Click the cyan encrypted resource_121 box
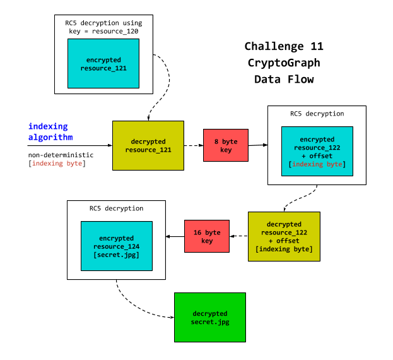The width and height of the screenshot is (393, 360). pos(103,63)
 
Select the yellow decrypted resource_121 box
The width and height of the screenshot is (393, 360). pos(148,145)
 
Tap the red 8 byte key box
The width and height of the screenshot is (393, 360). pos(225,145)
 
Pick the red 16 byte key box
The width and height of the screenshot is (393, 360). pos(206,236)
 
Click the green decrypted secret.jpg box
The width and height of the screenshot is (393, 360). pos(209,317)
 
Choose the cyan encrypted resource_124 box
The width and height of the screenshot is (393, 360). pos(116,246)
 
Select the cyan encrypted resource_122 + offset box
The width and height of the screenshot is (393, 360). pos(317,151)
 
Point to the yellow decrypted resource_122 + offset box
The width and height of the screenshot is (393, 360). pos(284,236)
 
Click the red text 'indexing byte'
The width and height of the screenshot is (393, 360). pos(317,164)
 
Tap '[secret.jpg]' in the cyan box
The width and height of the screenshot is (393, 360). pos(117,255)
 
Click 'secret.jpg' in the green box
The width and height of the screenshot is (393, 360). pos(210,322)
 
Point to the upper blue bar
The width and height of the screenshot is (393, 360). pos(71,126)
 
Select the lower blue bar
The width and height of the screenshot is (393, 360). pos(72,137)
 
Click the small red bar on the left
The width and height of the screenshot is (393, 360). pos(58,164)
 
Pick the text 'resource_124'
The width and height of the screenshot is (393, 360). pos(117,246)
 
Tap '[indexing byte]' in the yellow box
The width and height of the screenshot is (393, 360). pos(284,249)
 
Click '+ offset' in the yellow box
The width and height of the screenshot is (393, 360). pos(284,241)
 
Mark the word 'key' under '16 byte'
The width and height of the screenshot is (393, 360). pos(206,241)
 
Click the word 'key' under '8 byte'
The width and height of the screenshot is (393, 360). pos(225,150)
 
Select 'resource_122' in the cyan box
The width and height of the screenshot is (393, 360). pos(317,148)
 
